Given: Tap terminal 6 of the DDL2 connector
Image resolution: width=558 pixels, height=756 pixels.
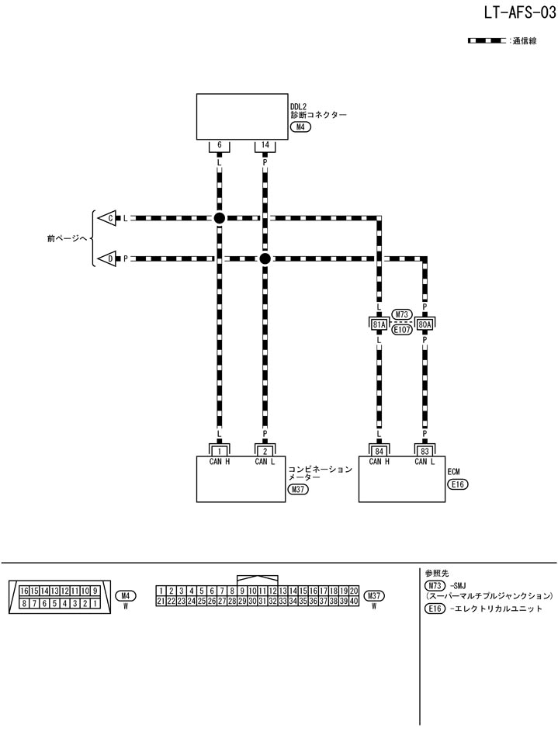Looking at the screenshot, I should tap(220, 145).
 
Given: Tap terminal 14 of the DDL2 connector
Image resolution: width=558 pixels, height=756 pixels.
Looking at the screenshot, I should tap(265, 145).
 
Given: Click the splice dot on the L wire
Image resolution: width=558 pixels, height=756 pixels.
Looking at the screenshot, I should tap(220, 218).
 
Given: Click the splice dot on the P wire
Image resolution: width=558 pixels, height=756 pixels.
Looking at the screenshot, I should tap(265, 258).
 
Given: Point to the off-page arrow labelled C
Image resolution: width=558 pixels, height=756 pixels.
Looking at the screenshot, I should tap(109, 218).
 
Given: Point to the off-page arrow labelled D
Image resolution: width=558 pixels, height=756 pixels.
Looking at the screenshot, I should tap(109, 258).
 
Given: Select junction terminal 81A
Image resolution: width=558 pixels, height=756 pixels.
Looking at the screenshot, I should tap(380, 324).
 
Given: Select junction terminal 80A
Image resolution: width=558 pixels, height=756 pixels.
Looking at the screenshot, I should tap(425, 324).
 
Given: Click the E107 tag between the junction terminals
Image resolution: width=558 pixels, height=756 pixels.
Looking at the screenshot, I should tap(402, 328).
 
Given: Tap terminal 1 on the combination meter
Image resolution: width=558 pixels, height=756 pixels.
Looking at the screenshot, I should tap(220, 450).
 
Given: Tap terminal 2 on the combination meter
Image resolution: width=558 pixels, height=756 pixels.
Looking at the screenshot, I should tap(265, 450).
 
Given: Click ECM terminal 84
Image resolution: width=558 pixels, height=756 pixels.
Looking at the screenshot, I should tap(380, 450).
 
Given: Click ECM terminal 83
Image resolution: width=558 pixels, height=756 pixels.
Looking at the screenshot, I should tap(425, 450).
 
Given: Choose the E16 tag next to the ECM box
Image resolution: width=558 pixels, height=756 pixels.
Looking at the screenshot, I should tap(458, 484).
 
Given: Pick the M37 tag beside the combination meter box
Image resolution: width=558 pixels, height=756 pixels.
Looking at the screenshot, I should tap(297, 490).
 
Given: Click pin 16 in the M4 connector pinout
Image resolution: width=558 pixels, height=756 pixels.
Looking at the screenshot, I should tap(25, 591).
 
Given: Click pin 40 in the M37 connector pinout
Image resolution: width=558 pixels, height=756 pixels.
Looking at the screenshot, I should tap(353, 601).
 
